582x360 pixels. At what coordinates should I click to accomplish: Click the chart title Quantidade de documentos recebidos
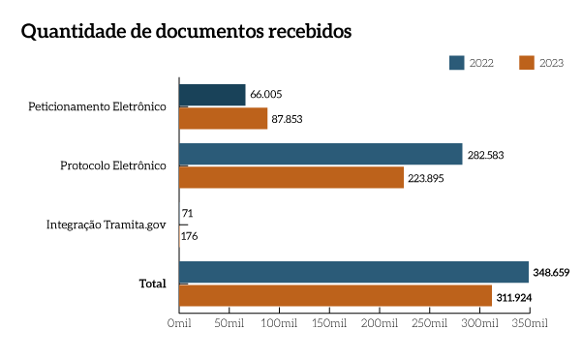[186, 31]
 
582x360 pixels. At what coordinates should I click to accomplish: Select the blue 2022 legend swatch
[457, 63]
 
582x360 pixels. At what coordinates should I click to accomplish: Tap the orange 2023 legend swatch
[527, 63]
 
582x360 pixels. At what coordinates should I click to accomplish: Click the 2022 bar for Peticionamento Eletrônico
[212, 95]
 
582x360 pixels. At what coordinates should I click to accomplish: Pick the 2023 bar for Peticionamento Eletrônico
[223, 118]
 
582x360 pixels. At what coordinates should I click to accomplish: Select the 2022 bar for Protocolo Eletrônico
[321, 154]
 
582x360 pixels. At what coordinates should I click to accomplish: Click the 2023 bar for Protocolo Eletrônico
[291, 177]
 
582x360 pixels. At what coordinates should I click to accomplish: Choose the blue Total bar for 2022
[353, 272]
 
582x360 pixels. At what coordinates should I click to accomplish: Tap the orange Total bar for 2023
[335, 295]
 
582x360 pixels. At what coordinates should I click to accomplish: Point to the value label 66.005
[265, 95]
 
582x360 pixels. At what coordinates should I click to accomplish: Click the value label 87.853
[288, 118]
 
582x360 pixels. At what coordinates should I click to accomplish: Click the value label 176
[190, 235]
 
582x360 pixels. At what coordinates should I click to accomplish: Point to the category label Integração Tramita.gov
[107, 225]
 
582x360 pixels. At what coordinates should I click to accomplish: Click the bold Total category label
[152, 284]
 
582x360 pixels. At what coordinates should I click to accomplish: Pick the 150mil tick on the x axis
[330, 321]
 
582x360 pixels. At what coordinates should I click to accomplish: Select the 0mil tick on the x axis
[178, 321]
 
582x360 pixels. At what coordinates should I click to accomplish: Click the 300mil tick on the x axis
[481, 321]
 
